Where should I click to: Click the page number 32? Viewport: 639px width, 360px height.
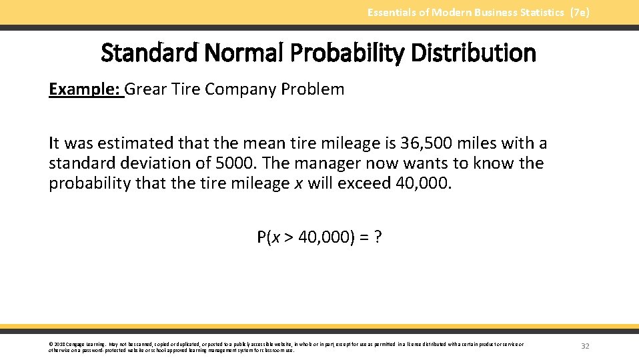[585, 346]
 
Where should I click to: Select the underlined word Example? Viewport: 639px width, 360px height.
[85, 89]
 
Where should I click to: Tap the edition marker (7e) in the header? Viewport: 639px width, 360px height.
[578, 12]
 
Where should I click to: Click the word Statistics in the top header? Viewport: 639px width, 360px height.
[536, 12]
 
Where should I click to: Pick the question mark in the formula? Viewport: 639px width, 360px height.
[378, 237]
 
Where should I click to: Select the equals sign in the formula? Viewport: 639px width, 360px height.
[363, 237]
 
